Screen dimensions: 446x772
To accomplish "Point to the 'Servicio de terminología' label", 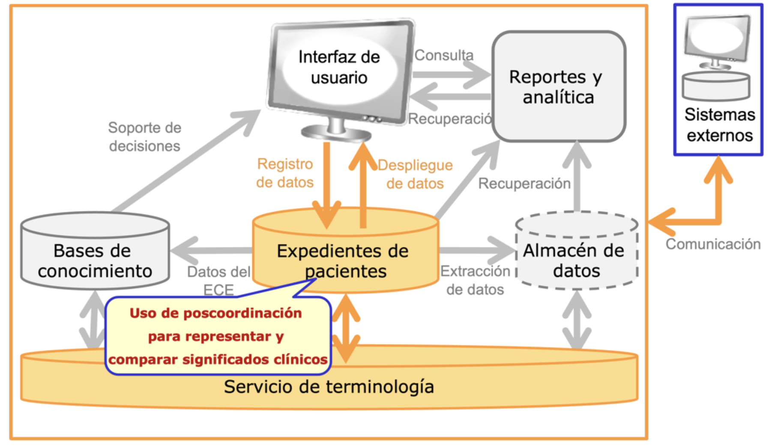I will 329,387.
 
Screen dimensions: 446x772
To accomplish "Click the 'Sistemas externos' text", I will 719,125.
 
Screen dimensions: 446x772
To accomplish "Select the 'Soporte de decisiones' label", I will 144,137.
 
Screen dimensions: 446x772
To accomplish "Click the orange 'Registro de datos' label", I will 285,173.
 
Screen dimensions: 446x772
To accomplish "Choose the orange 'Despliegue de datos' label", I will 415,174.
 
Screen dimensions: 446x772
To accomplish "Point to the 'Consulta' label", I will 444,55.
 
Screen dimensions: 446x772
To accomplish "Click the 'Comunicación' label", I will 713,244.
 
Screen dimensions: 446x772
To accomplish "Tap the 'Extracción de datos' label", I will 475,280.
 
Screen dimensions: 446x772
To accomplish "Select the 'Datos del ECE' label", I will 219,280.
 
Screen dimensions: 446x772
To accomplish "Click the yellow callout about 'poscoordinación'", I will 218,336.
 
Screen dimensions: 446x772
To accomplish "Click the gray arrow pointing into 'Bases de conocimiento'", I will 210,250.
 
